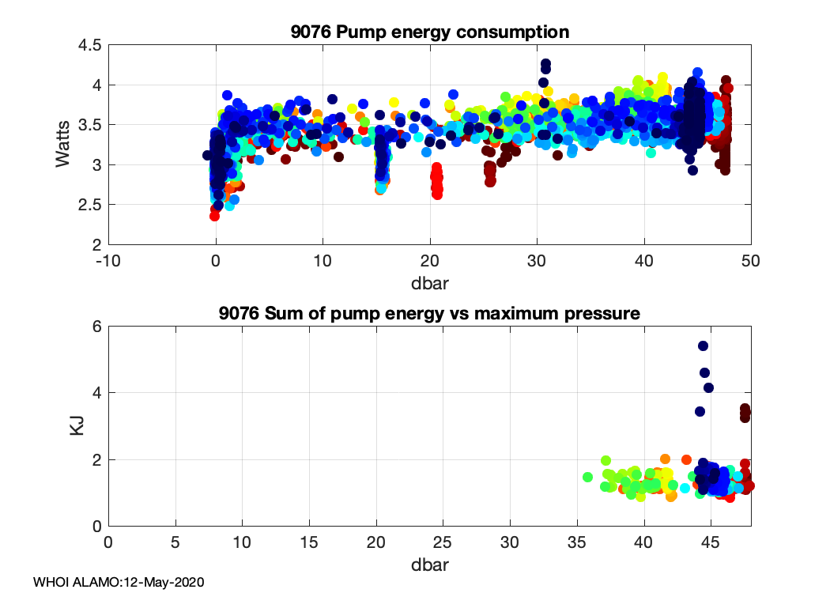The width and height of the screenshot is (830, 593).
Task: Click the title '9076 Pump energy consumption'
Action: tap(430, 32)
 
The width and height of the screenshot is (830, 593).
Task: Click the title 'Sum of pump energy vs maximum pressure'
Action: tap(429, 313)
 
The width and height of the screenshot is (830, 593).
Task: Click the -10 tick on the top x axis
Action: tap(109, 261)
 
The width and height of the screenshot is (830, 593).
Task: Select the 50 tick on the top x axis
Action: tap(751, 261)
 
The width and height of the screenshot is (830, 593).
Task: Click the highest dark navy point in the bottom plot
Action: tap(703, 346)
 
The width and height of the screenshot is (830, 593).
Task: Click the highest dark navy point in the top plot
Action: tap(545, 63)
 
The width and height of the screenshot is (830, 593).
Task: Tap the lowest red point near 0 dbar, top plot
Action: tap(214, 216)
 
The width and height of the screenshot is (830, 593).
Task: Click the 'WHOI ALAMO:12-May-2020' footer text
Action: tap(119, 582)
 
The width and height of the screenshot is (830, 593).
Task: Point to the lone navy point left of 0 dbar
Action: tap(207, 155)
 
